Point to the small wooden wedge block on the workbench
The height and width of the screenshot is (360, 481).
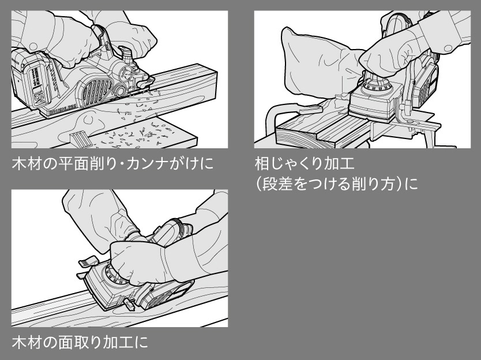click(x=80, y=137)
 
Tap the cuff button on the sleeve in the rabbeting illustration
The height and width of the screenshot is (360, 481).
click(x=449, y=48)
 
